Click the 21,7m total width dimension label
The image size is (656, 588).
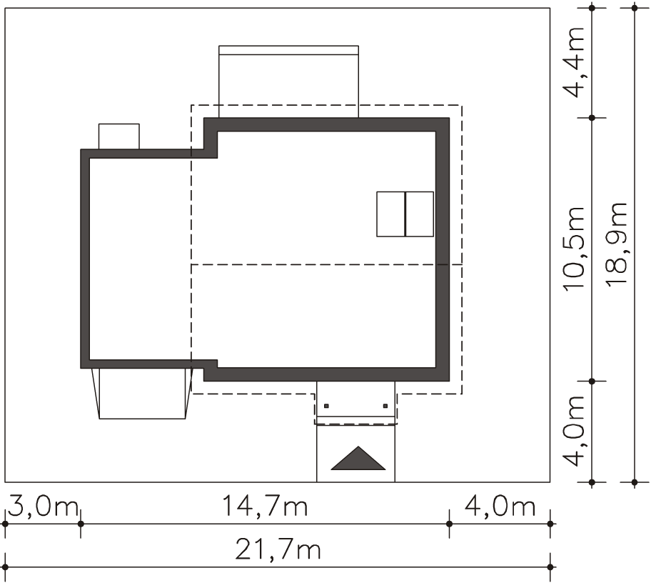click(x=278, y=550)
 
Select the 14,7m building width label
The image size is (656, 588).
click(x=264, y=506)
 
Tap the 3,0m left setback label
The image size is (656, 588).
click(x=43, y=506)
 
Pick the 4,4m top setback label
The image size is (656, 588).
click(x=573, y=62)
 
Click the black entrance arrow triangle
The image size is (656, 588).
click(x=358, y=458)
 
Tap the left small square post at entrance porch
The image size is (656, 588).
click(x=326, y=406)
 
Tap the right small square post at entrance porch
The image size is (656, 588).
click(x=385, y=406)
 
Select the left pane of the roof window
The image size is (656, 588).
click(x=390, y=214)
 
